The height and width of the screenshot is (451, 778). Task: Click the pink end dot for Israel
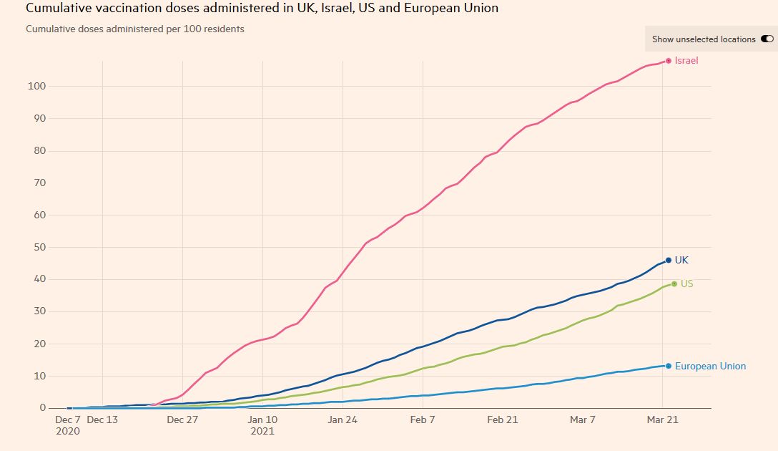(x=669, y=61)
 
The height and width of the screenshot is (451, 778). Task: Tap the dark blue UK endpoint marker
(x=669, y=260)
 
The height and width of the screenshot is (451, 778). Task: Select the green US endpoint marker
(x=674, y=284)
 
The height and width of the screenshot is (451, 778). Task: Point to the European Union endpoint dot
(x=669, y=366)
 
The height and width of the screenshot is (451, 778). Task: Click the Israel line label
(x=686, y=61)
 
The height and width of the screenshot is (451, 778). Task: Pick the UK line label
(x=681, y=261)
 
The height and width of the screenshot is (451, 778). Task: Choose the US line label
(x=686, y=284)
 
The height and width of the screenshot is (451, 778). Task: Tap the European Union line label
(x=710, y=367)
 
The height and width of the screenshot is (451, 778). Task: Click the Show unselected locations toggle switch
(x=767, y=39)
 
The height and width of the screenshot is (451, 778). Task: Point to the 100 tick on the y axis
(x=36, y=87)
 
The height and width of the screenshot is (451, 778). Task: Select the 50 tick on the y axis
(x=39, y=248)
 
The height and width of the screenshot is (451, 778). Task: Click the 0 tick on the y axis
(x=42, y=408)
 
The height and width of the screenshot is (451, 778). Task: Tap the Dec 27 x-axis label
(x=182, y=420)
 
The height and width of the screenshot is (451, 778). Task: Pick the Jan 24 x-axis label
(x=343, y=420)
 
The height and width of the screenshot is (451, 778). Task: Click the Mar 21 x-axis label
(x=662, y=420)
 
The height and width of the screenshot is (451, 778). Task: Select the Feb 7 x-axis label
(x=423, y=420)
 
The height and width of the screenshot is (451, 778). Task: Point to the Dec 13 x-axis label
(x=102, y=420)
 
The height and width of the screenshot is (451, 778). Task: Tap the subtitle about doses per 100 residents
(x=135, y=29)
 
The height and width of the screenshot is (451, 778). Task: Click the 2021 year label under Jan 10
(x=262, y=432)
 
